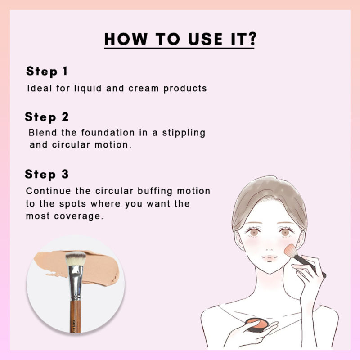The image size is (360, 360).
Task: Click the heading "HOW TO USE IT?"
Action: [180, 40]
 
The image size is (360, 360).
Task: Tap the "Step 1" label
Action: [47, 71]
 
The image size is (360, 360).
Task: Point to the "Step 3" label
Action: [47, 174]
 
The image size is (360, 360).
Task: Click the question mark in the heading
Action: [251, 40]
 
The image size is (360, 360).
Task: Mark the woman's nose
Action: [268, 246]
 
